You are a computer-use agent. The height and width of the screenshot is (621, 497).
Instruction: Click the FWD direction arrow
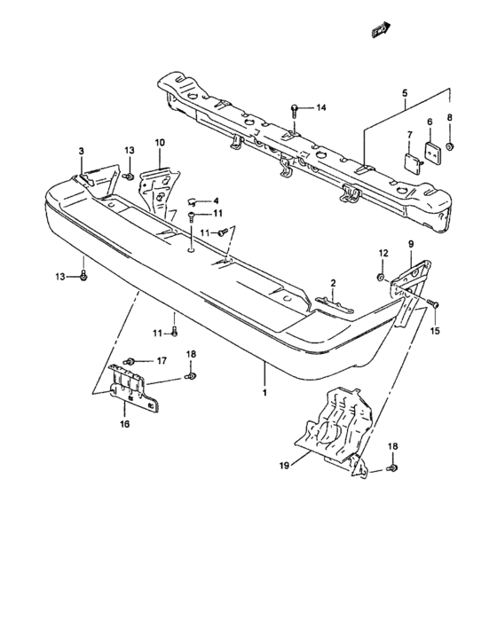(x=382, y=29)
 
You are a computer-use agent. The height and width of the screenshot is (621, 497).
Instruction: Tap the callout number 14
(x=321, y=107)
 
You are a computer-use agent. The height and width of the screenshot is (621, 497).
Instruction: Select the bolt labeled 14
(x=295, y=111)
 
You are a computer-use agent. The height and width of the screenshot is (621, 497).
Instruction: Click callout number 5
(x=405, y=93)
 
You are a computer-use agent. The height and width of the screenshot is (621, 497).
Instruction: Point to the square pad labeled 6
(x=433, y=150)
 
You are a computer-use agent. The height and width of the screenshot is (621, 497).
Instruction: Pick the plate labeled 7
(x=414, y=162)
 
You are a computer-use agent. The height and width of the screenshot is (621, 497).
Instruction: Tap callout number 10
(x=160, y=143)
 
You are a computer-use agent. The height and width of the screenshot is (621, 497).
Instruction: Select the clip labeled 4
(x=192, y=203)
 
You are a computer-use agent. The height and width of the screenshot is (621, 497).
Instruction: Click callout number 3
(x=82, y=151)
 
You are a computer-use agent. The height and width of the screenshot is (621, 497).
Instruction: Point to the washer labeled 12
(x=380, y=277)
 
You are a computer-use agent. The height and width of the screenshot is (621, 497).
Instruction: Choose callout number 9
(x=411, y=244)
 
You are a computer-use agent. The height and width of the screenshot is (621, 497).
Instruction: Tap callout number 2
(x=333, y=283)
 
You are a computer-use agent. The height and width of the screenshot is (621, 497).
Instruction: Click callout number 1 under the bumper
(x=264, y=392)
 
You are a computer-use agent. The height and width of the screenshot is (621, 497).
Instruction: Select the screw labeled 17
(x=130, y=361)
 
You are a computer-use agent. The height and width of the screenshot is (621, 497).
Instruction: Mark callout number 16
(x=124, y=424)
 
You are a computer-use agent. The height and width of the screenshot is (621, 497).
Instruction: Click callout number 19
(x=285, y=466)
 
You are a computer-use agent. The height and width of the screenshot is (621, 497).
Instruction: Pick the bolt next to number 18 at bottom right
(x=393, y=468)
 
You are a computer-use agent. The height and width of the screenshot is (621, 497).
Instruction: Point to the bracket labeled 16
(x=134, y=389)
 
